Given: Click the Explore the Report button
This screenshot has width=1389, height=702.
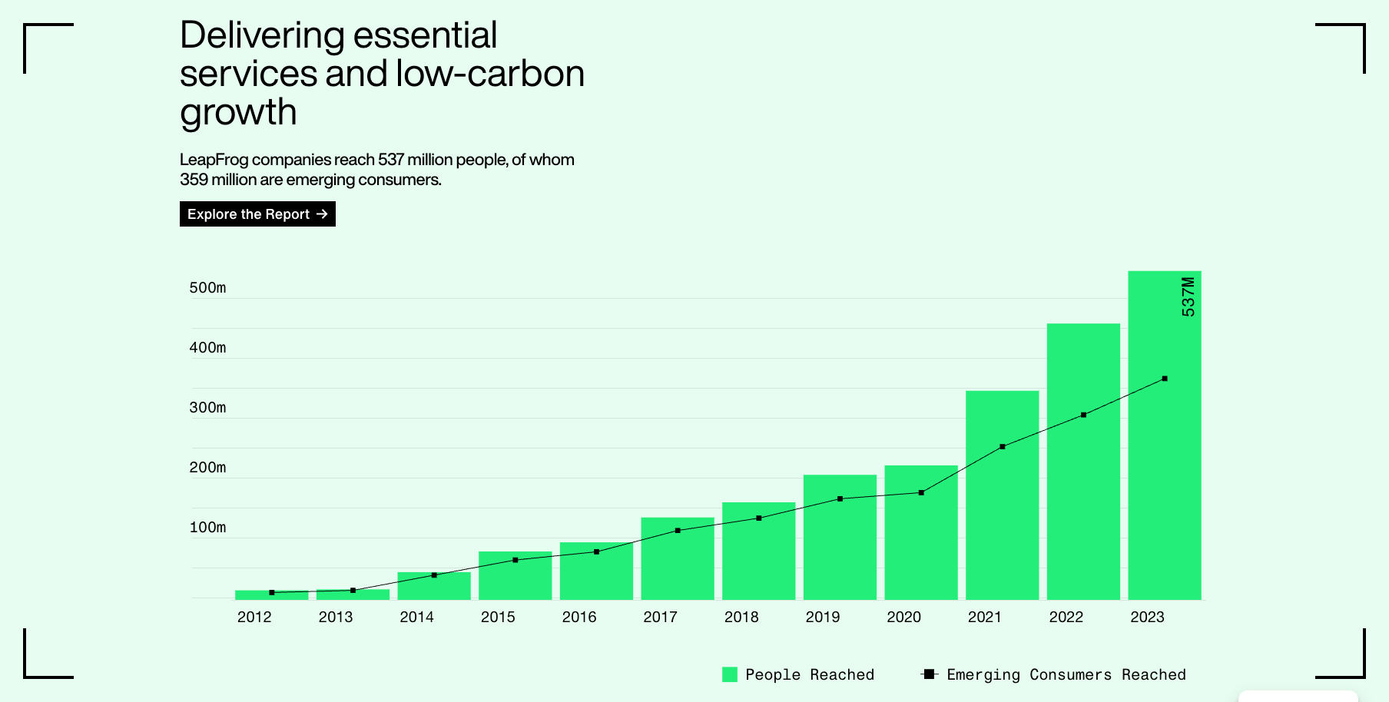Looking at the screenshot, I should click(x=257, y=214).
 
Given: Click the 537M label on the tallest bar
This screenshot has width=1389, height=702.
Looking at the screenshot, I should click(x=1188, y=296).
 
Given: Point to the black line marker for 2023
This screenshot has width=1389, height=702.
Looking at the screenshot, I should click(x=1165, y=379).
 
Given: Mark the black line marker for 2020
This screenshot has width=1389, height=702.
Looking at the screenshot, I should click(x=921, y=492).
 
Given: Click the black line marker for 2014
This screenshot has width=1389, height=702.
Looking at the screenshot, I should click(x=434, y=575).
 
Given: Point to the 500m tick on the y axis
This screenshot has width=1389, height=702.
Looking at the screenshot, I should click(x=207, y=288).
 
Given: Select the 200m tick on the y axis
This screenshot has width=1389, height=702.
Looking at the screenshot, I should click(x=207, y=468).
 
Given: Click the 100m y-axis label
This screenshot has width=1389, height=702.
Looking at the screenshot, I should click(x=207, y=528).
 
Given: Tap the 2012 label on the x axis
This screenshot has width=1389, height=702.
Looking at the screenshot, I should click(x=254, y=618).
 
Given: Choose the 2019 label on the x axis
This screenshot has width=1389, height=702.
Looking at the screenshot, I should click(x=822, y=618).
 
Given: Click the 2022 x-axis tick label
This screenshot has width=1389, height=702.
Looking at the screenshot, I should click(x=1066, y=618).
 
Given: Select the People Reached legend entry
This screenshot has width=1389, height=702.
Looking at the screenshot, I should click(x=798, y=674).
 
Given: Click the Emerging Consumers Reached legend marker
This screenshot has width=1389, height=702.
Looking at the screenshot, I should click(x=929, y=674).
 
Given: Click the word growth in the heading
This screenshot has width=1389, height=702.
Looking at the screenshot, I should click(x=238, y=113).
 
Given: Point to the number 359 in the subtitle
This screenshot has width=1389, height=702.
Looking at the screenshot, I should click(x=194, y=180).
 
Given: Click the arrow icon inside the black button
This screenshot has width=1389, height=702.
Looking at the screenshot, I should click(x=322, y=214).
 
